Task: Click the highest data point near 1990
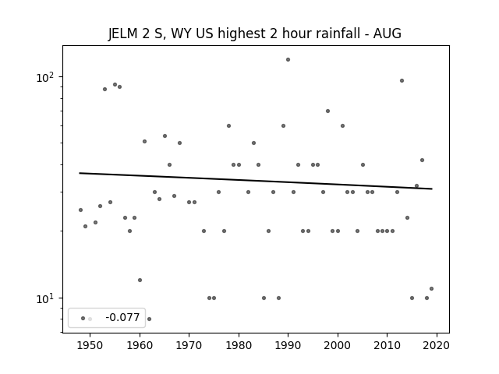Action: [x=288, y=59]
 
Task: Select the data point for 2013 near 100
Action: [x=402, y=80]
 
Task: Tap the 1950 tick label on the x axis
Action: [x=90, y=345]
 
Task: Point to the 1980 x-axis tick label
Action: [x=239, y=345]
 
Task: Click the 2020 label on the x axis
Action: [x=437, y=345]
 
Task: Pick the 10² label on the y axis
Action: [x=45, y=77]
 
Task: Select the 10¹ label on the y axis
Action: [x=45, y=298]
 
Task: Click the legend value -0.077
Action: [x=122, y=317]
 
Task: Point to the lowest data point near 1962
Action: [x=149, y=319]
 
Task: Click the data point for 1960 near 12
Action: [x=140, y=280]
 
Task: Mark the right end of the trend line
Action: [x=432, y=189]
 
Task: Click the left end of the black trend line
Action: [x=80, y=173]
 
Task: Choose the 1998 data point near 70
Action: [x=327, y=111]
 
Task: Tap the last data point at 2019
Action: [x=431, y=289]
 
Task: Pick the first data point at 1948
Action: [x=80, y=210]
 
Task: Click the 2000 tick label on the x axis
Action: [x=338, y=345]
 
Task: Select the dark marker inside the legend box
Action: [x=83, y=319]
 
